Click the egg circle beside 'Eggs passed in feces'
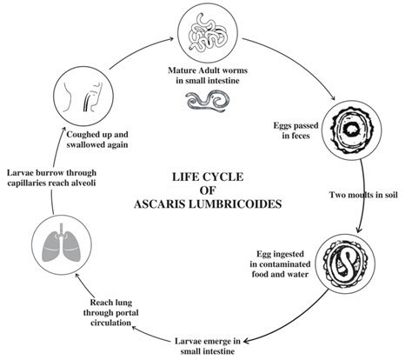pyautogui.click(x=355, y=133)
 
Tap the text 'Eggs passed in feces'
pyautogui.click(x=293, y=134)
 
